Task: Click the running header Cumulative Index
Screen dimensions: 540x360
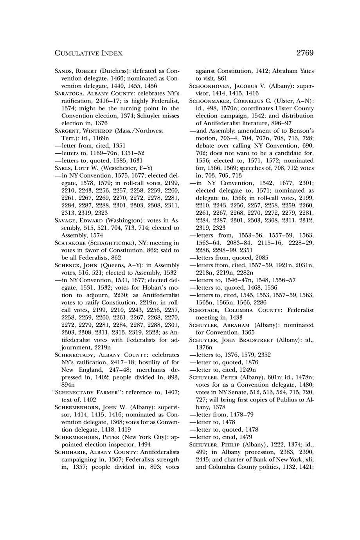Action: point(88,53)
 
